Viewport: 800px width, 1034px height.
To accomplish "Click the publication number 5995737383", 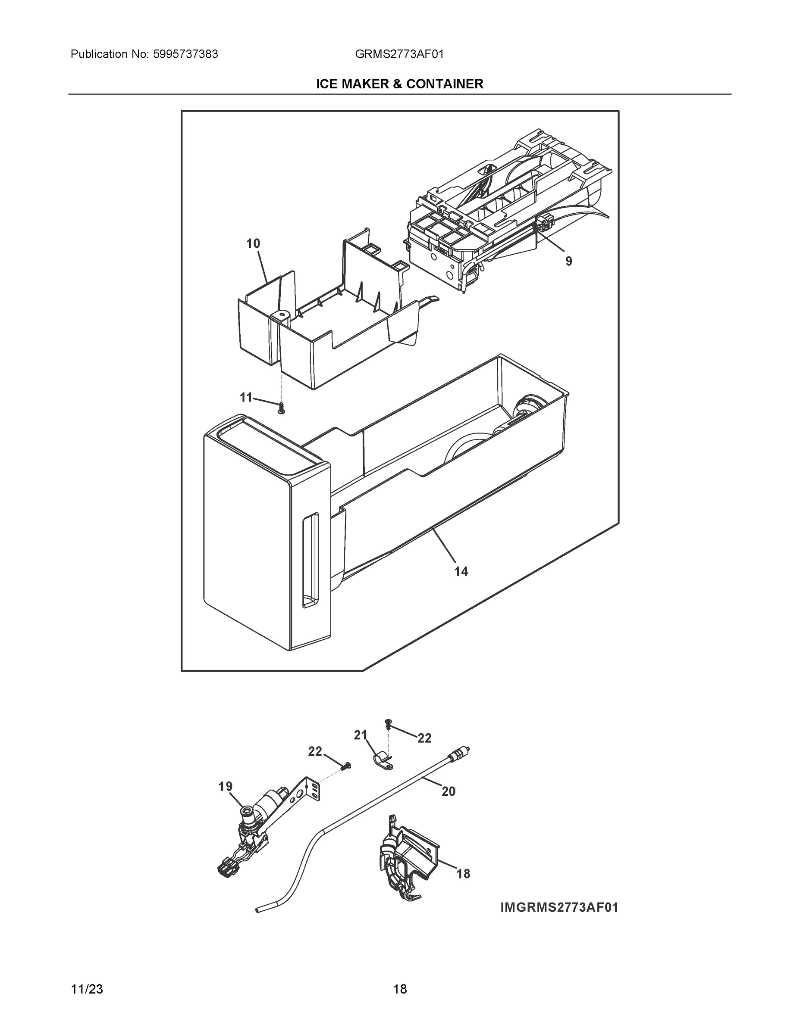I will (185, 54).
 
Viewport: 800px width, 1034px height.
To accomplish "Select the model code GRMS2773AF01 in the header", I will (399, 54).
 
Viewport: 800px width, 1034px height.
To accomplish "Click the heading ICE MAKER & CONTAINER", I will (399, 84).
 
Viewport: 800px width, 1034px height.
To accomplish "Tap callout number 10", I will (253, 244).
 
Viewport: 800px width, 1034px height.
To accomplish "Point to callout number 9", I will (568, 262).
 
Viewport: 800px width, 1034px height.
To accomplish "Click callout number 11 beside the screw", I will (245, 398).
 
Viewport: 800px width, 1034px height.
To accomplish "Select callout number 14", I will (461, 572).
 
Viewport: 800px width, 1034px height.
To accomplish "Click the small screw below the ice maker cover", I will (282, 408).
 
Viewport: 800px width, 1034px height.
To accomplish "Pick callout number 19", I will (226, 787).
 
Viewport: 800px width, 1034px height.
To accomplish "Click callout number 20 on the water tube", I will (449, 791).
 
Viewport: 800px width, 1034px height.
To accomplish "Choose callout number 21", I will (361, 735).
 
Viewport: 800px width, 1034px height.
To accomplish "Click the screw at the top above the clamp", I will (388, 723).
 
